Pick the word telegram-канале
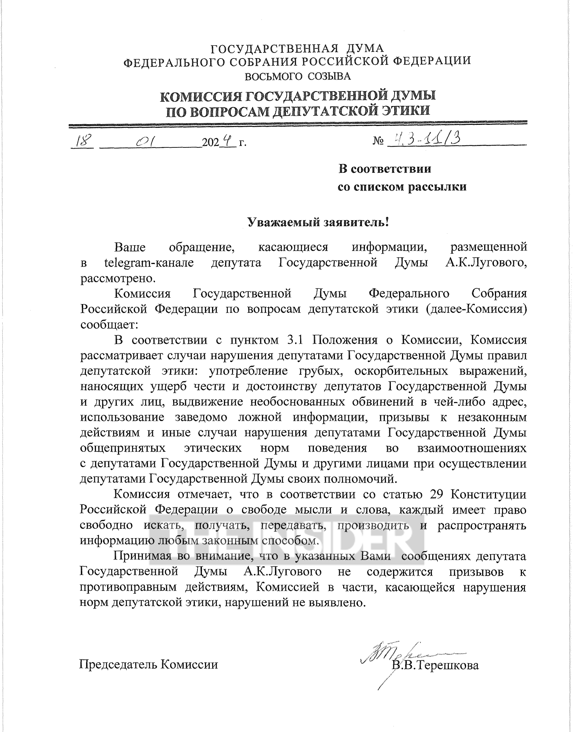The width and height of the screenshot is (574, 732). (x=149, y=263)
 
